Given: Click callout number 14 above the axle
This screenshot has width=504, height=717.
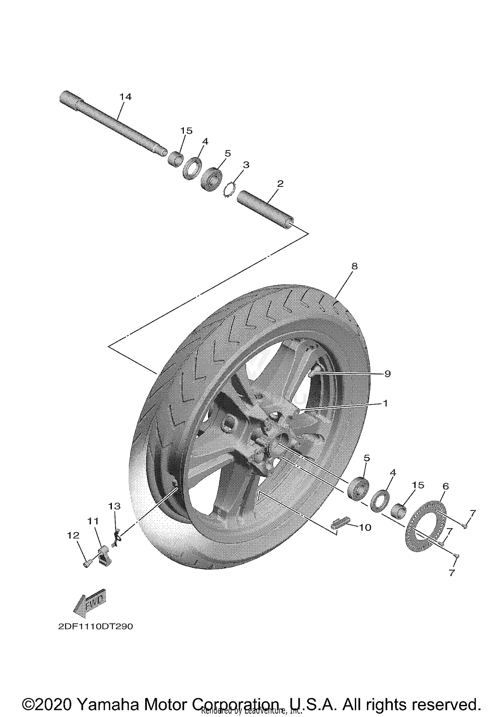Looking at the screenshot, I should tap(125, 97).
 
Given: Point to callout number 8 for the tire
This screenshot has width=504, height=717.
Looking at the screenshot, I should tap(354, 266).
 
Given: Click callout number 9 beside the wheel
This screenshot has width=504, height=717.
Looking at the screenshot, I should tap(387, 374).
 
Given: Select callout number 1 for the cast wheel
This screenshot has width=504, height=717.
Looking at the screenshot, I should tap(385, 403).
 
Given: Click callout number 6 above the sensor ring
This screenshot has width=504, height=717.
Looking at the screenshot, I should tap(446, 486).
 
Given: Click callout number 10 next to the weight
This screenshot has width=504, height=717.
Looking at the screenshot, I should tap(365, 528).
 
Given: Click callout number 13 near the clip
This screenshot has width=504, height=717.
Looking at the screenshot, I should tap(114, 506).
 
